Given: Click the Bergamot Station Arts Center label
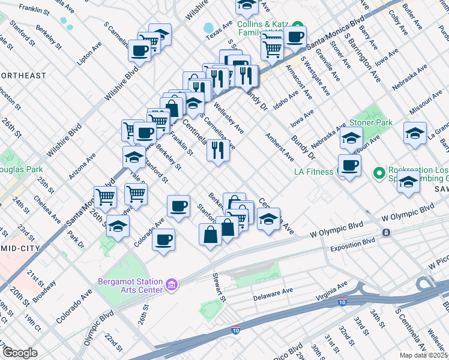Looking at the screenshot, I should click(131, 286).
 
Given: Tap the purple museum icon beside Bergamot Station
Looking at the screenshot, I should click(172, 283).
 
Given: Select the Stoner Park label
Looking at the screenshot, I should click(371, 122).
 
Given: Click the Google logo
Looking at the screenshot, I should click(20, 353).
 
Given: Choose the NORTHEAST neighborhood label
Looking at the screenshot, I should click(23, 76).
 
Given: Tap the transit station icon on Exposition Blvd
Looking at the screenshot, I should click(386, 232).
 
